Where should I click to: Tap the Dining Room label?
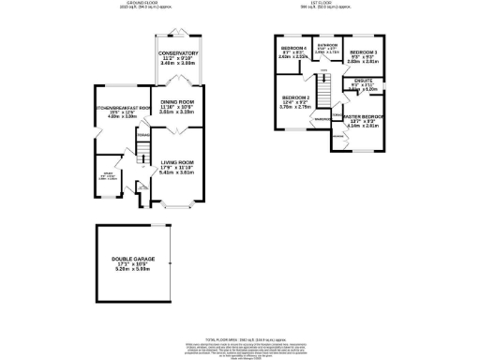pyautogui.click(x=178, y=105)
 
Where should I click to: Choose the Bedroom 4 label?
pyautogui.click(x=293, y=48)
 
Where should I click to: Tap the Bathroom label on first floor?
pyautogui.click(x=327, y=44)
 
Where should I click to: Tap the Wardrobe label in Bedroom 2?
pyautogui.click(x=320, y=120)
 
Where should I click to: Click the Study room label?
pyautogui.click(x=111, y=173)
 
